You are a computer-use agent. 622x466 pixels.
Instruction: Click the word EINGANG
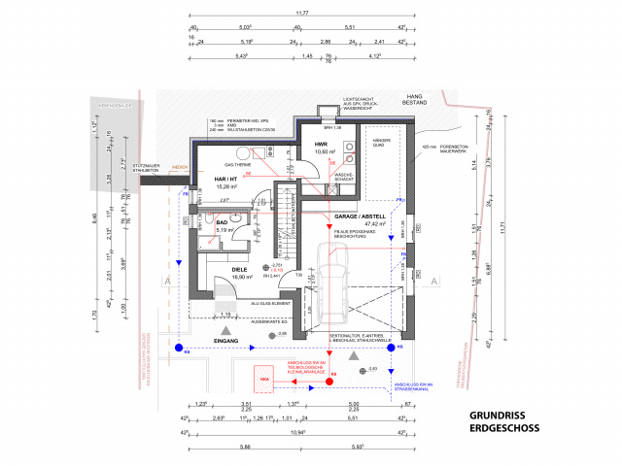pyautogui.click(x=225, y=342)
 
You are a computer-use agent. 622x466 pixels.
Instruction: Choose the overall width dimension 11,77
pyautogui.click(x=302, y=14)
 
